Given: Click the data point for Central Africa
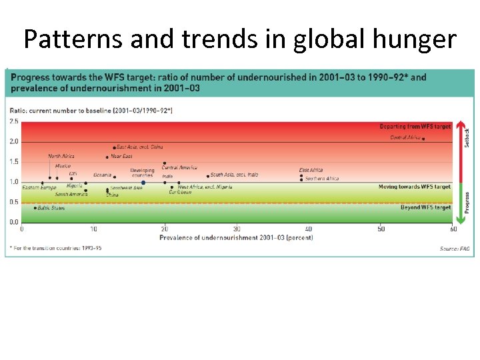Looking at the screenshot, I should pos(423,139).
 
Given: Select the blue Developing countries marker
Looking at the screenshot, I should pos(143,182).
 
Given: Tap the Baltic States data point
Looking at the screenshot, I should pos(35,208).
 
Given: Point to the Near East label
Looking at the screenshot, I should pos(121,157).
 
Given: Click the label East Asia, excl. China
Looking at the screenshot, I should pos(139,147).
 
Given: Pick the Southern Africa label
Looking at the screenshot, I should pos(322,179).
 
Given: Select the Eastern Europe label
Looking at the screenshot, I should pos(39,188).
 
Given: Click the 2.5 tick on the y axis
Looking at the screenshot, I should pos(14,121).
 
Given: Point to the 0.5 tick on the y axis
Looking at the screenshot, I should pos(14,202).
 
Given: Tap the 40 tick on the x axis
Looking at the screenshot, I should pos(309,229).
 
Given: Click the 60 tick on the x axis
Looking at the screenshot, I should pos(453,229).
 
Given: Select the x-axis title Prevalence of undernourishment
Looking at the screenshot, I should pos(236,237).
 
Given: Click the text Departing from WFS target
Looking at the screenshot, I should pos(415,127).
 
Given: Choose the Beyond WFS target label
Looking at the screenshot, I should pos(425,207).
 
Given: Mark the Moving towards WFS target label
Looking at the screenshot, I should pos(414,187).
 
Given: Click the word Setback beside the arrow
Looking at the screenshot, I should pos(467,138).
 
